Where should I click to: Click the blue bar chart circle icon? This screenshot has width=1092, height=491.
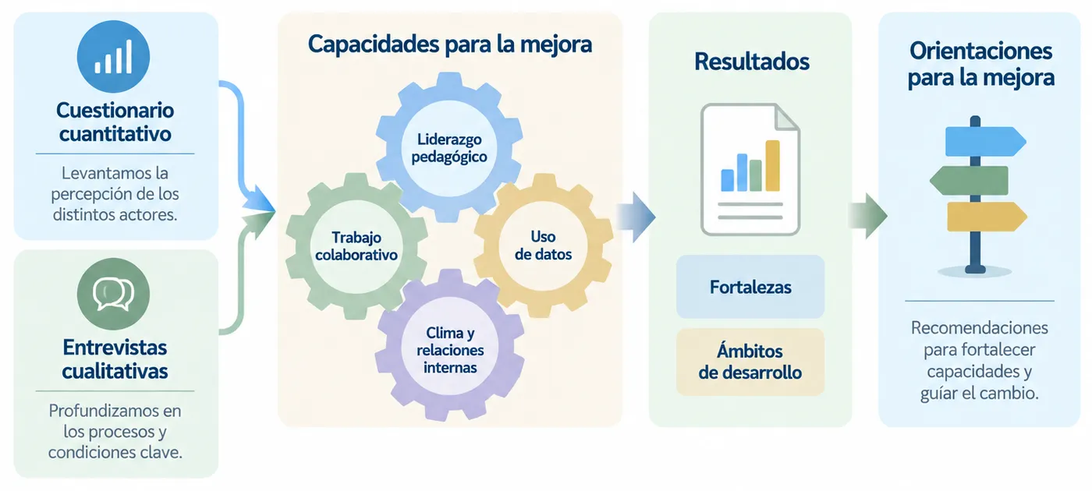tap(113, 56)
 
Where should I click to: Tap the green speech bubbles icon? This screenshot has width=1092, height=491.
tap(113, 294)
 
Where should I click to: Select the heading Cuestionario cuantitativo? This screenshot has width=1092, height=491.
tap(115, 122)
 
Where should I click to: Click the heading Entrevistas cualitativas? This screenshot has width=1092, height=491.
tap(115, 359)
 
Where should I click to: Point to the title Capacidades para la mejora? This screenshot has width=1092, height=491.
tap(450, 44)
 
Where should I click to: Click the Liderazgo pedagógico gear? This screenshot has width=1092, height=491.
tap(449, 147)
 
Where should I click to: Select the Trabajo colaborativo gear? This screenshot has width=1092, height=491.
tap(356, 246)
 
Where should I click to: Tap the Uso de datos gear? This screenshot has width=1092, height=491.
tap(543, 245)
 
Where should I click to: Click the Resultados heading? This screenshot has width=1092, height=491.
tap(752, 62)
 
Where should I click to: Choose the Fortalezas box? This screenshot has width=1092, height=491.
tap(750, 287)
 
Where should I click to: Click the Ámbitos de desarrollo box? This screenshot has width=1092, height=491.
tap(750, 362)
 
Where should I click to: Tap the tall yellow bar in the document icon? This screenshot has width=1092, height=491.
tap(773, 165)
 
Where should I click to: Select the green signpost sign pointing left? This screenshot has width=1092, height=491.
tap(969, 180)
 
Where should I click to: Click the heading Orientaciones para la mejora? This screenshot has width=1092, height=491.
tap(981, 64)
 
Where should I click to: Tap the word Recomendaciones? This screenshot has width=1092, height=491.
tap(980, 328)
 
